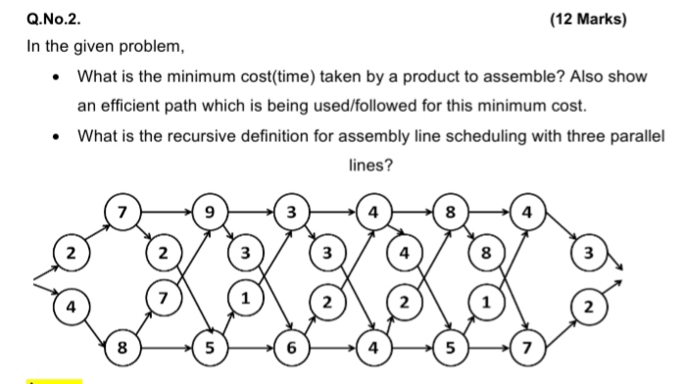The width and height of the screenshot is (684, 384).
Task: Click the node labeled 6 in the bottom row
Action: (x=291, y=348)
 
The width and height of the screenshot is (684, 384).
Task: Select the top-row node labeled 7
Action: (x=122, y=211)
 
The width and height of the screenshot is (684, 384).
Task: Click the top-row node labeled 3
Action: (x=290, y=211)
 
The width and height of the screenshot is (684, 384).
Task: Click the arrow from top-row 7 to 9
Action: (x=165, y=211)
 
